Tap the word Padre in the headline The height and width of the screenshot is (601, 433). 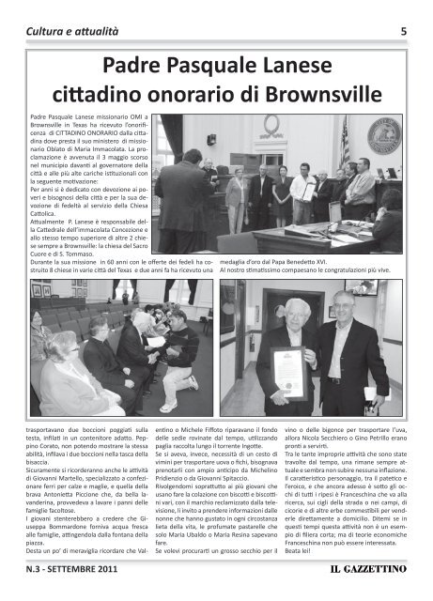pyautogui.click(x=140, y=65)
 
